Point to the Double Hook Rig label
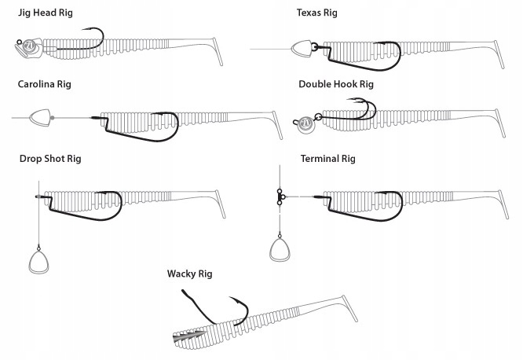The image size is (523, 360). coord(335,84)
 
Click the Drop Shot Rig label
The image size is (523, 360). coord(50,159)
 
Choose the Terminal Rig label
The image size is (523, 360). coord(327,159)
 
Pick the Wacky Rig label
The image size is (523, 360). coord(189,274)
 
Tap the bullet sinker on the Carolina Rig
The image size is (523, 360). coord(39,118)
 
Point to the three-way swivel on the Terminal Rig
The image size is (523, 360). coord(280,196)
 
